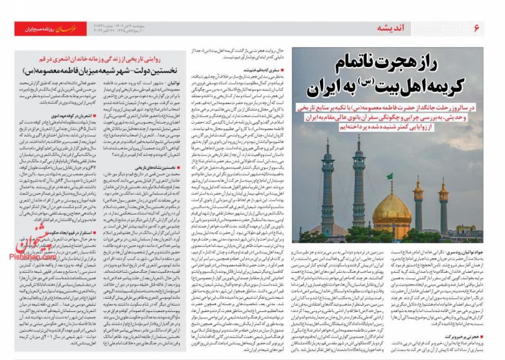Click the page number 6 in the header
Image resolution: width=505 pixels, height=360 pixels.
(477, 28)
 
